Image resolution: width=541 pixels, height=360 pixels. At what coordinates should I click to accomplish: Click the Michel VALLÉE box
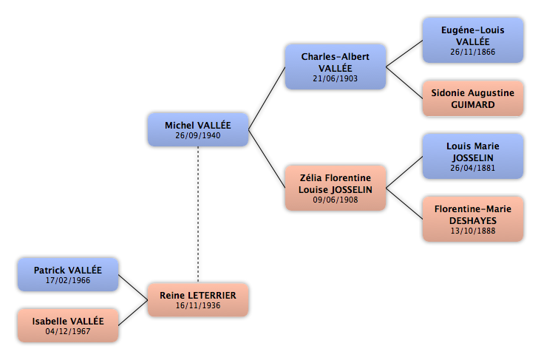[x=198, y=129]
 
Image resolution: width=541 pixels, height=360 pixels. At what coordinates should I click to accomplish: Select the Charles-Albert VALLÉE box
[x=336, y=67]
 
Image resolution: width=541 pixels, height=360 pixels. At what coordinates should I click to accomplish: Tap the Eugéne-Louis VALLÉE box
[x=473, y=41]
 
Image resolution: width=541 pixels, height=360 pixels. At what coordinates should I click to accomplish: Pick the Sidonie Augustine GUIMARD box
[x=473, y=98]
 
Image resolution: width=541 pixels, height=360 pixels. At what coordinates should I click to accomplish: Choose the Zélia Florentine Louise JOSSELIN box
[x=336, y=188]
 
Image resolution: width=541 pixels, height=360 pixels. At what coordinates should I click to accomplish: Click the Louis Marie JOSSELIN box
[x=473, y=157]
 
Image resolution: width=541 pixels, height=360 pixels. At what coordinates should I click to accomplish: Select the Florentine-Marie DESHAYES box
[x=473, y=219]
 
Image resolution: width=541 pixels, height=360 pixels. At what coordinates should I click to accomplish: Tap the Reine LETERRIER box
[x=198, y=300]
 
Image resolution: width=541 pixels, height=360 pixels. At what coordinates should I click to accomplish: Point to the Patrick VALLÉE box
[x=68, y=274]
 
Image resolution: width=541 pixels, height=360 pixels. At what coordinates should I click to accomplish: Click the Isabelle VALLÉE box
[x=68, y=325]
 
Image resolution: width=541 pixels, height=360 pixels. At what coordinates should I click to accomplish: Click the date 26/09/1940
[x=198, y=136]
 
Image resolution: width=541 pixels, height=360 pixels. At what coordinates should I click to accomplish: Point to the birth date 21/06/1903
[x=336, y=78]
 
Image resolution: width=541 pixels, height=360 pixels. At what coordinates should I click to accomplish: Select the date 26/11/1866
[x=473, y=52]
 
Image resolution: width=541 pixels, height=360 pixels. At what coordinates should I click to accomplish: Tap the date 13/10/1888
[x=473, y=231]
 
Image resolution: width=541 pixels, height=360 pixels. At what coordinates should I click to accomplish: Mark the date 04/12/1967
[x=68, y=331]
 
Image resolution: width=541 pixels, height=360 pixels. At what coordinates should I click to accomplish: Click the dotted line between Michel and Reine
[x=198, y=214]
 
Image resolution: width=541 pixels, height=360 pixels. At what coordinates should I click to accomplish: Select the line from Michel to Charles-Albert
[x=267, y=98]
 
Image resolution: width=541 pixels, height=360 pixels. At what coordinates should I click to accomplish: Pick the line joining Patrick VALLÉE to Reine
[x=133, y=287]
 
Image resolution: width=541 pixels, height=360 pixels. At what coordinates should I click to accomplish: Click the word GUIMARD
[x=473, y=104]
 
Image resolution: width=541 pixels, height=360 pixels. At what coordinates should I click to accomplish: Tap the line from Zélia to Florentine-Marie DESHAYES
[x=404, y=203]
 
